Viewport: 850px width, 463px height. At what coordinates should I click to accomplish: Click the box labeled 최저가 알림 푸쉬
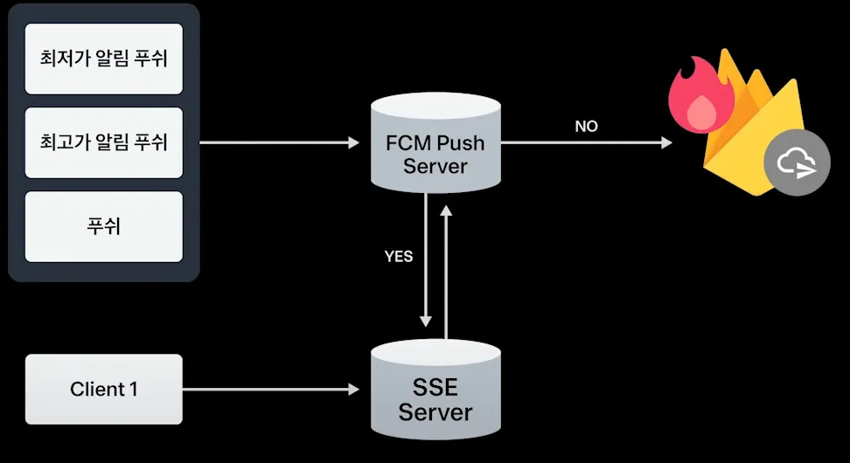104,59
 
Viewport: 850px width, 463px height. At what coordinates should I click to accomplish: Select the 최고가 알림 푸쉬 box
104,142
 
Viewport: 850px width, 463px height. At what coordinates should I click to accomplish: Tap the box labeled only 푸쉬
104,226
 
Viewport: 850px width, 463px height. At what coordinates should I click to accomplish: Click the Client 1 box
104,390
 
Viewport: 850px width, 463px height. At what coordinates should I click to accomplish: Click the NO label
586,127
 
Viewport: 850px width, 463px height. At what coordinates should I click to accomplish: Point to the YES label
399,257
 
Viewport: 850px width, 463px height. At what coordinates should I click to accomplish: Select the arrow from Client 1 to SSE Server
271,390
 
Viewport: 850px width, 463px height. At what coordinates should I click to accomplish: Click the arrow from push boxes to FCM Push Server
280,142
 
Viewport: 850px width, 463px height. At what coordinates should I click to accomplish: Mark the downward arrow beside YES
426,262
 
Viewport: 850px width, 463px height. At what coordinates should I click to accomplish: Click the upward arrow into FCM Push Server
447,271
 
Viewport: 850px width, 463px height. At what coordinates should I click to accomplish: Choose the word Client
97,390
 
